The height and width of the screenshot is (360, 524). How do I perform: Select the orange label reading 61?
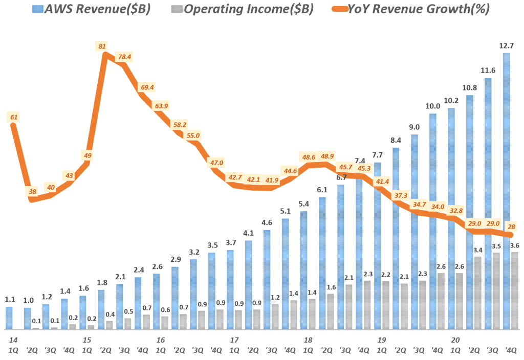point(14,117)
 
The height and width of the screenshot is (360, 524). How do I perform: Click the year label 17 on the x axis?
point(234,340)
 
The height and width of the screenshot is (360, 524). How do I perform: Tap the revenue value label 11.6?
point(488,70)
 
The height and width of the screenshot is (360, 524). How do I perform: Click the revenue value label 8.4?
point(396,140)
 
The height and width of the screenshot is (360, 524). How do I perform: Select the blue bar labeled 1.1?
point(9,318)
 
